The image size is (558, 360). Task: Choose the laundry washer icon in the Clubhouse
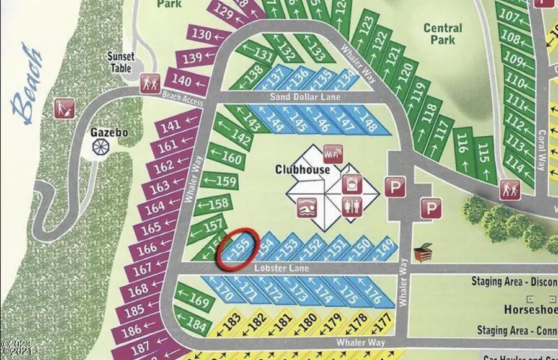pyautogui.click(x=351, y=183)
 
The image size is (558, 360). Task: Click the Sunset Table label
pyautogui.click(x=120, y=61)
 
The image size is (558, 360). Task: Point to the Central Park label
pyautogui.click(x=443, y=33)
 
